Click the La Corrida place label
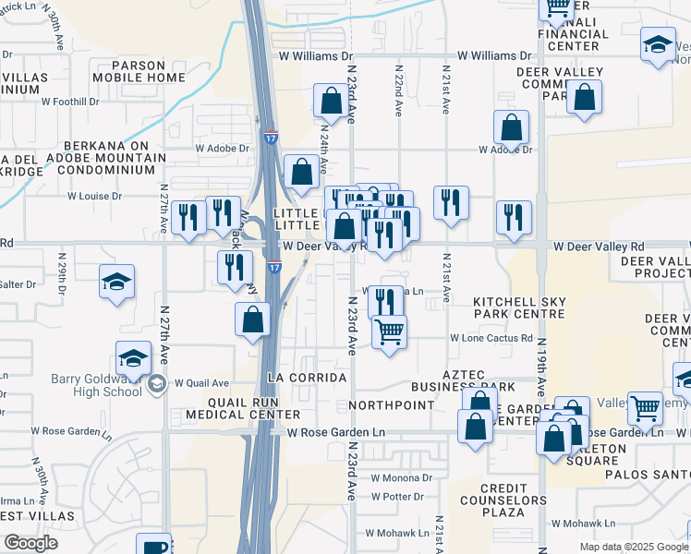tap(306, 378)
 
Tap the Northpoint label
tap(393, 405)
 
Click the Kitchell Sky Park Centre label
tap(518, 307)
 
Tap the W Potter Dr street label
tap(400, 497)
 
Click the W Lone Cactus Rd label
tap(491, 338)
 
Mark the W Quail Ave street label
tap(201, 382)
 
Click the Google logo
tap(30, 542)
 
